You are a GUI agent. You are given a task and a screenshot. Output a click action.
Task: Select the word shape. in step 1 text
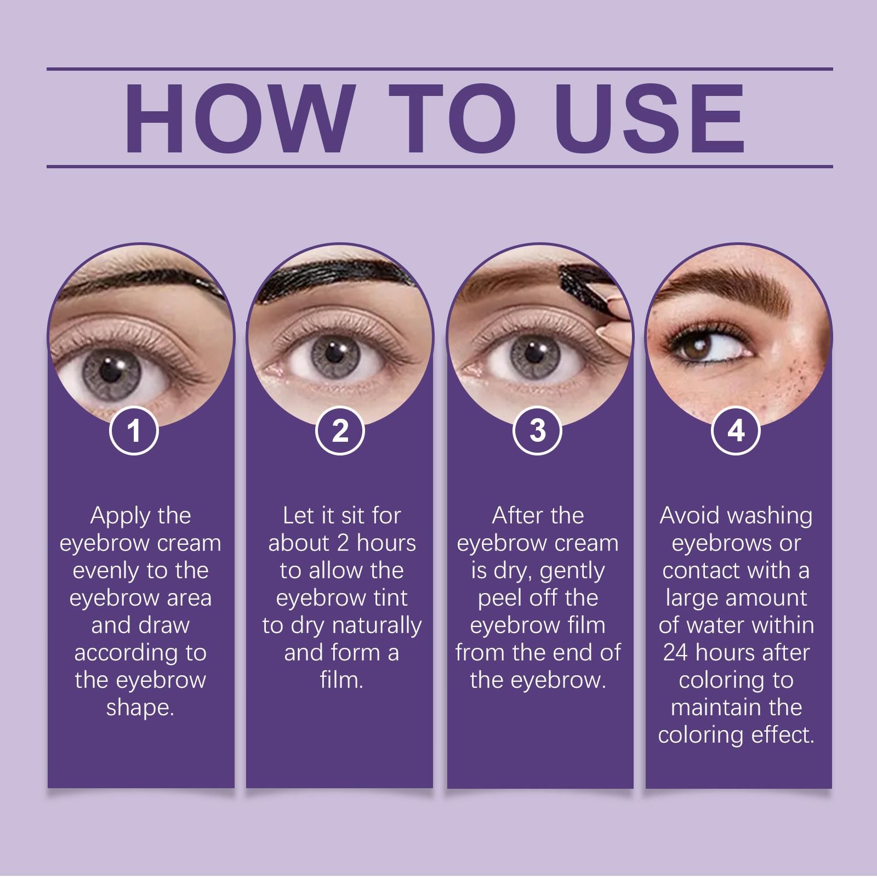pyautogui.click(x=140, y=708)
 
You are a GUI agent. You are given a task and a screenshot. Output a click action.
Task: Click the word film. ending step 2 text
pyautogui.click(x=341, y=680)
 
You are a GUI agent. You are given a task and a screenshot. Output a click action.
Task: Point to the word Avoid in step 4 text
pyautogui.click(x=687, y=516)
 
